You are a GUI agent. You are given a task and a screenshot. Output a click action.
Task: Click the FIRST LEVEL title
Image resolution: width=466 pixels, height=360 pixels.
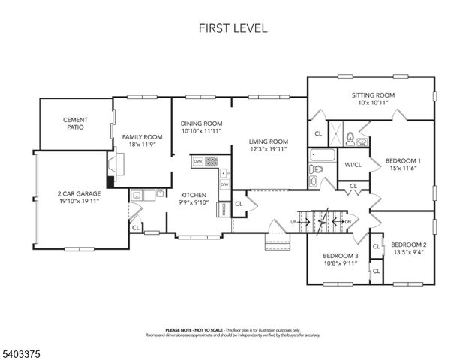coord(233,28)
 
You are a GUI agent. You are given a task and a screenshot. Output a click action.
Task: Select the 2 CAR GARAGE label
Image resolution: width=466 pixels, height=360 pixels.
coord(79,193)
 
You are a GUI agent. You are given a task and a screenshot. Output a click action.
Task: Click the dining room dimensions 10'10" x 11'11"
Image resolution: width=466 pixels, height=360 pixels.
coord(201,131)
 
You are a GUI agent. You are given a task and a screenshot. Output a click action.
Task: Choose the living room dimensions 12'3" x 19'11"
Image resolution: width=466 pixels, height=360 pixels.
coord(269,148)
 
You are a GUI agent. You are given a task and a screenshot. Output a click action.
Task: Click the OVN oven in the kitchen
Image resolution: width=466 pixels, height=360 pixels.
coord(197,161)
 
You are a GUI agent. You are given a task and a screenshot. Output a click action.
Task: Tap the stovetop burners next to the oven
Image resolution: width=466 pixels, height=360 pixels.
coord(212,161)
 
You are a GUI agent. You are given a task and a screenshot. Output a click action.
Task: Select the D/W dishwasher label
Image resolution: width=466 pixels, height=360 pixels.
coord(224,184)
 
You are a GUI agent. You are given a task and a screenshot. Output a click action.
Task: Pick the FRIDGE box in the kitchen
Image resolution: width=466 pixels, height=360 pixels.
coord(223,209)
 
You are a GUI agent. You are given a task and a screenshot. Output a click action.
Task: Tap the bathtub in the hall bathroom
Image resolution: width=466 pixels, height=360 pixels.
coord(323,157)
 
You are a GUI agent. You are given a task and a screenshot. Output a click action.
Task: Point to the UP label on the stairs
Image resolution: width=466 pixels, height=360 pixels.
coord(293,222)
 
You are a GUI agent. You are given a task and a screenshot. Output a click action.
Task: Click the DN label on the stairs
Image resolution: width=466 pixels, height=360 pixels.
coord(347,222)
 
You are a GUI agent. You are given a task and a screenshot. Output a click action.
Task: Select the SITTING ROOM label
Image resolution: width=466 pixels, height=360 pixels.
coord(373,95)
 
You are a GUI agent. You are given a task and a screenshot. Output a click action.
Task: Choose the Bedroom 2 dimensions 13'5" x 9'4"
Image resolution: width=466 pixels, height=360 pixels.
coord(408,253)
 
